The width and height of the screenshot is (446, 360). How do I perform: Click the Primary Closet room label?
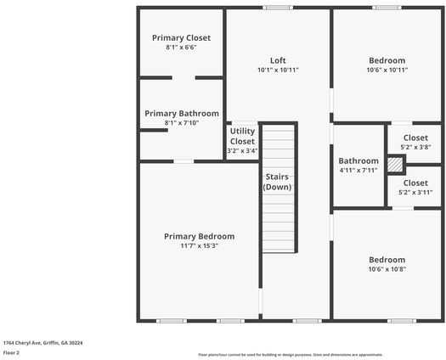pos(181,38)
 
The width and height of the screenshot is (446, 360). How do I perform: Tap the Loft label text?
pos(278,60)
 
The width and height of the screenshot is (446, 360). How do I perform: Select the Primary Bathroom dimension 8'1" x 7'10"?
pos(181,123)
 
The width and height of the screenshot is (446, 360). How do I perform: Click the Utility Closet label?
pos(242,136)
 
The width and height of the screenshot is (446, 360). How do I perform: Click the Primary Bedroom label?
pos(199,236)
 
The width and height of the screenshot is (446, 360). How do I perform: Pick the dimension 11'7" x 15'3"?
pos(199,246)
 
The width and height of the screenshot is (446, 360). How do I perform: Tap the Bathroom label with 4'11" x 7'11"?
pos(358,160)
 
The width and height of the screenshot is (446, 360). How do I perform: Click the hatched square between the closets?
pos(394,165)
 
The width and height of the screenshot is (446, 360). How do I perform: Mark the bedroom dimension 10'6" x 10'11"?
pos(387,70)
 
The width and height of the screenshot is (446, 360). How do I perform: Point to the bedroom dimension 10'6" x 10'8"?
pos(387,269)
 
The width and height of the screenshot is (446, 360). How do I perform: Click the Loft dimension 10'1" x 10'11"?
pos(278,70)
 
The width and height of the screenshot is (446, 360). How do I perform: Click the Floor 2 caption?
pos(11,352)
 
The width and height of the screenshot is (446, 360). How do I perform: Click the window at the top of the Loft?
pos(277,8)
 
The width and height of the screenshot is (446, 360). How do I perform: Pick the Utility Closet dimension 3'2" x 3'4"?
pos(242,151)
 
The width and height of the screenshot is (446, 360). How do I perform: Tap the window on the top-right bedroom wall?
pos(387,8)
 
